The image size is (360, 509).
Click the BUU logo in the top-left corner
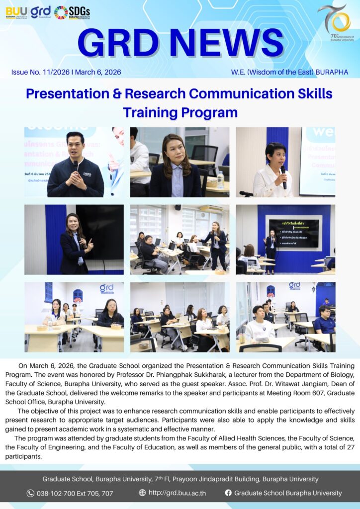(16, 11)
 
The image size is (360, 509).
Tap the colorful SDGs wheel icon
(61, 12)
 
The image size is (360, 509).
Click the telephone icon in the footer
(31, 493)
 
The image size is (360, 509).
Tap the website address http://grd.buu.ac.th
(177, 493)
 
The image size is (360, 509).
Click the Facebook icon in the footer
(228, 493)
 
